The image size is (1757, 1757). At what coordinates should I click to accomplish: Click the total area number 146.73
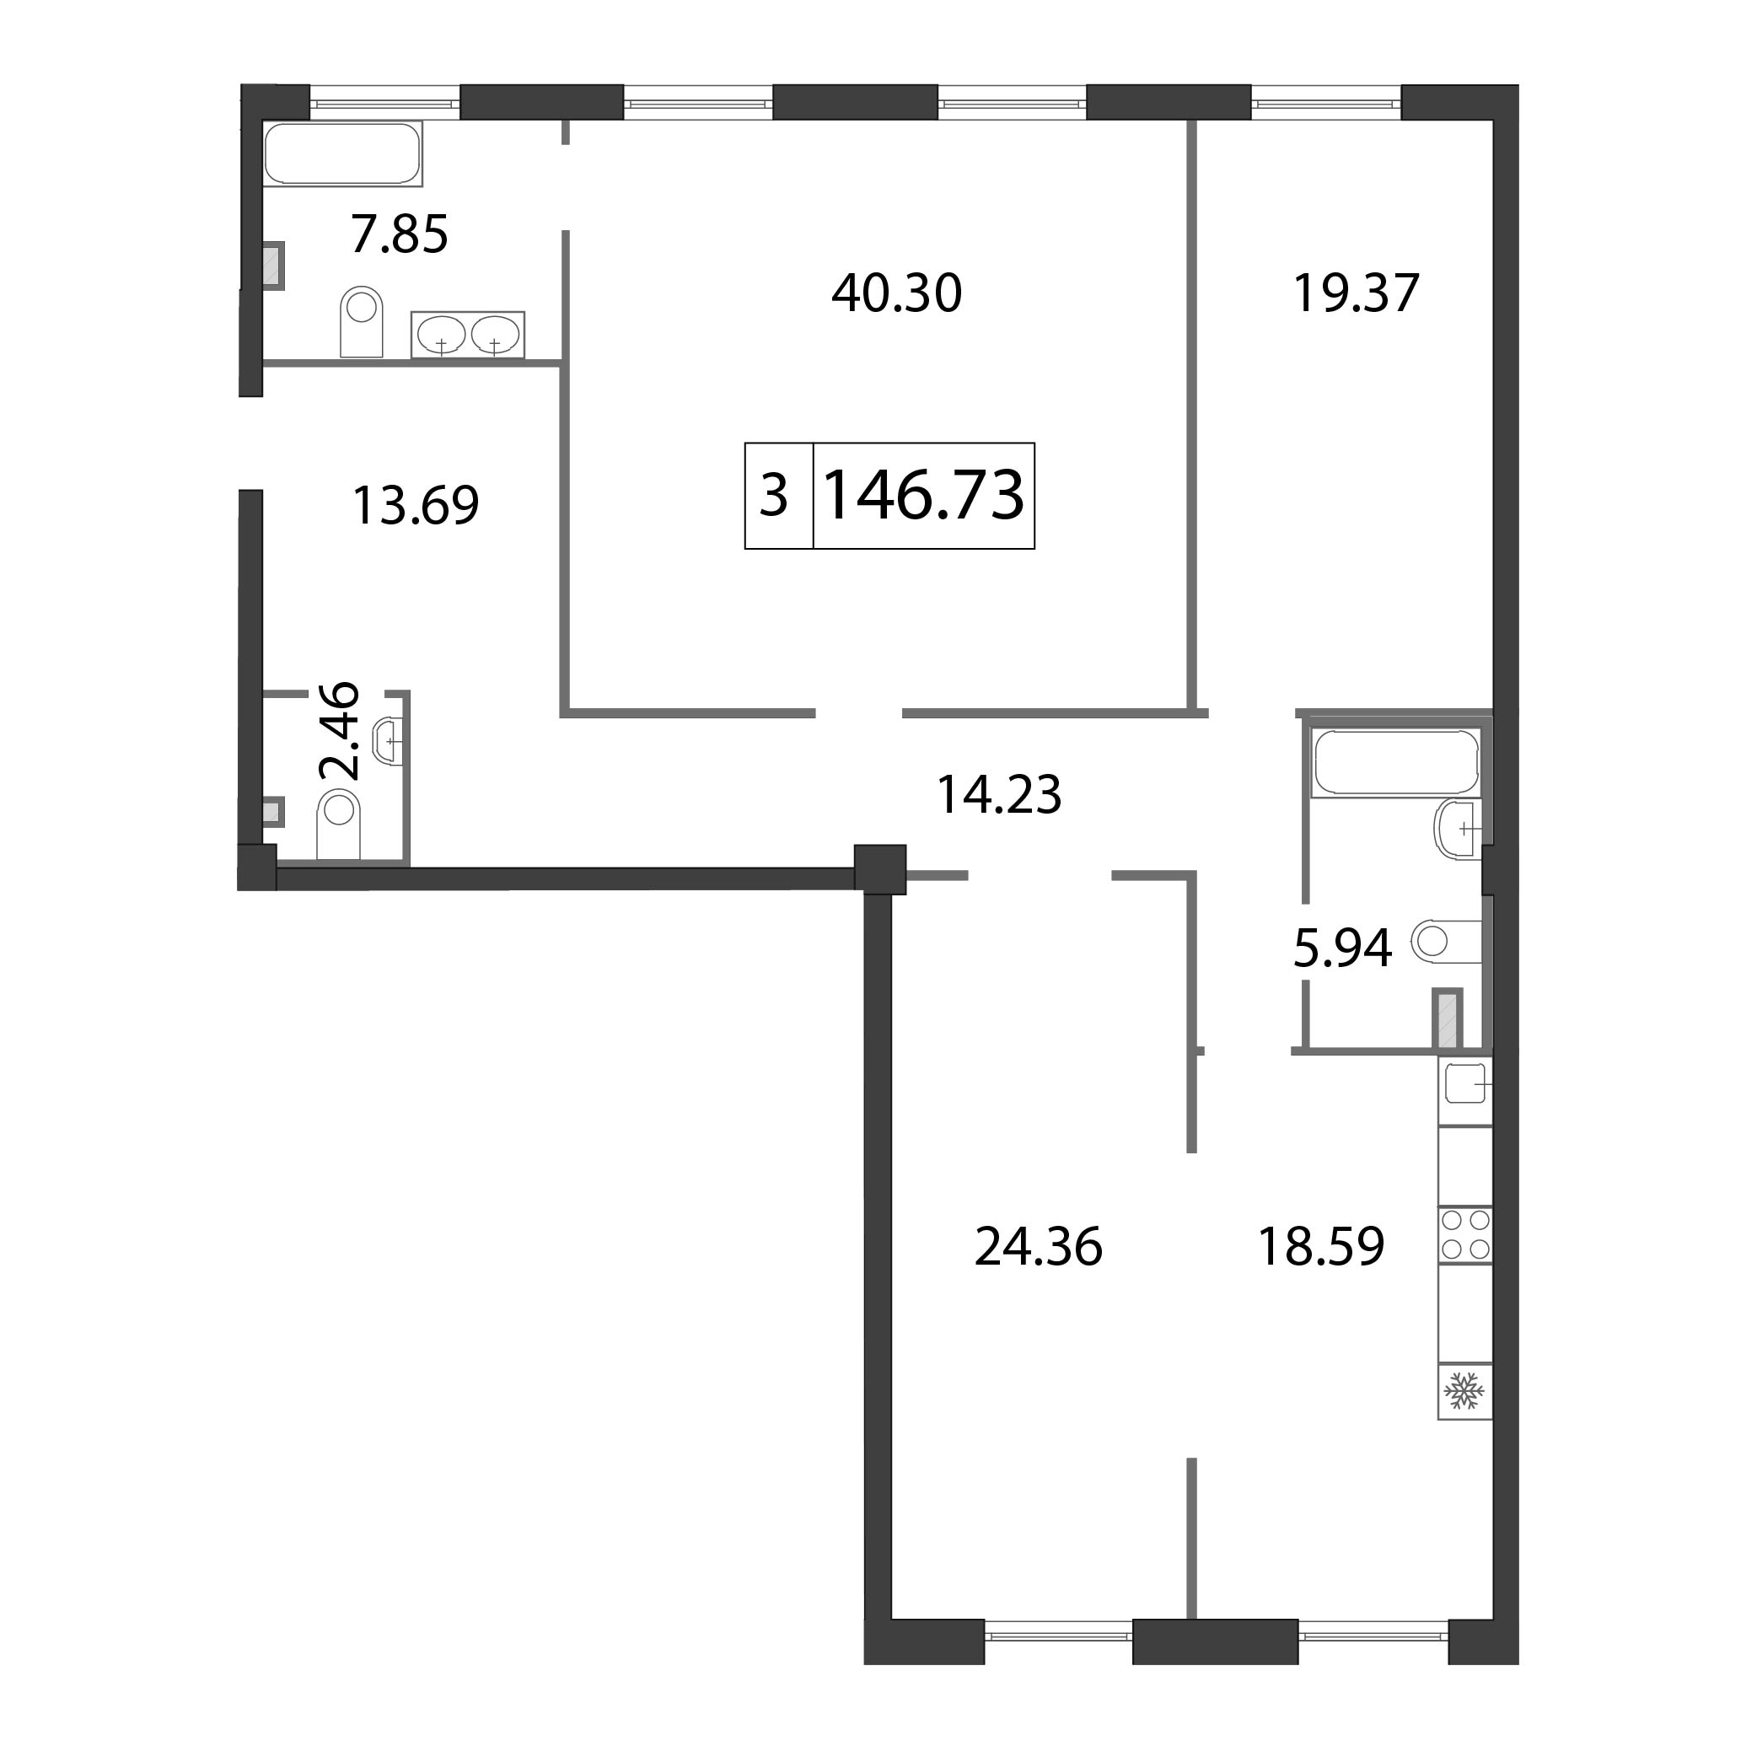[x=923, y=497]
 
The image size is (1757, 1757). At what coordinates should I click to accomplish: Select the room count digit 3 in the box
[x=773, y=497]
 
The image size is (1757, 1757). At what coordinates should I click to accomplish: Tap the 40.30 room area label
[x=897, y=293]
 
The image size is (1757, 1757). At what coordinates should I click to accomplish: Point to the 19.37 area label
[x=1356, y=293]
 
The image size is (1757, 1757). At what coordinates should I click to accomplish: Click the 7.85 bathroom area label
[x=400, y=234]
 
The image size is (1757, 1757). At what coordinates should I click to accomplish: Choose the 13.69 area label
[x=416, y=506]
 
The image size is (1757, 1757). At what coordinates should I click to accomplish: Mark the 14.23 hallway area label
[x=998, y=795]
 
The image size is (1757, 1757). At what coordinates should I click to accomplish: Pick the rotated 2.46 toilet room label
[x=340, y=731]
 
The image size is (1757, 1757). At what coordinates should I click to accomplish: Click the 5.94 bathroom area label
[x=1342, y=948]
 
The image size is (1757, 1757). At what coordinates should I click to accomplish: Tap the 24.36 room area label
[x=1039, y=1247]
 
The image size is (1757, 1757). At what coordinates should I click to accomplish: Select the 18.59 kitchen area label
[x=1320, y=1247]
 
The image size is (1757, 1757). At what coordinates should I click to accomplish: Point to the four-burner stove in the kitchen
[x=1465, y=1234]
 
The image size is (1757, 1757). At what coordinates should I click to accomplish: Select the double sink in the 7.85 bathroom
[x=467, y=335]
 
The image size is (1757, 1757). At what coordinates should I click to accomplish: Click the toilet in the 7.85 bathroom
[x=362, y=321]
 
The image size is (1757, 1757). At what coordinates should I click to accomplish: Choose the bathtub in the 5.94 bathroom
[x=1396, y=762]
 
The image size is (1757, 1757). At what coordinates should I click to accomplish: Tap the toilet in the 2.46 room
[x=338, y=824]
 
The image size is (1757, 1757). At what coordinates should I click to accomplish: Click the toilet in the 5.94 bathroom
[x=1446, y=941]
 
